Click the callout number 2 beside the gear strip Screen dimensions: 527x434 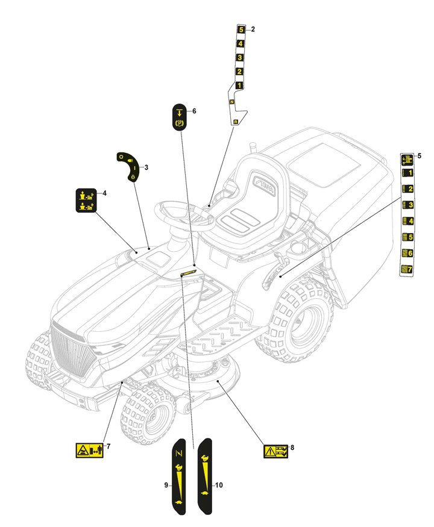pyautogui.click(x=253, y=29)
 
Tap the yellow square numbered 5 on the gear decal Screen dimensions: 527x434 pyautogui.click(x=241, y=30)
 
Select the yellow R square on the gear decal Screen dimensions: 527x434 pyautogui.click(x=236, y=122)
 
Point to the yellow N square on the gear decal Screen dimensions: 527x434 pyautogui.click(x=231, y=103)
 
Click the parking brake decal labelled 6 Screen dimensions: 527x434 pyautogui.click(x=179, y=116)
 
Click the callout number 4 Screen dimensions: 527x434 pyautogui.click(x=104, y=193)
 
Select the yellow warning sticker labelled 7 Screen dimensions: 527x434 pyautogui.click(x=88, y=450)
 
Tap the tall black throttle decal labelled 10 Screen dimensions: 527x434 pyautogui.click(x=205, y=476)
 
